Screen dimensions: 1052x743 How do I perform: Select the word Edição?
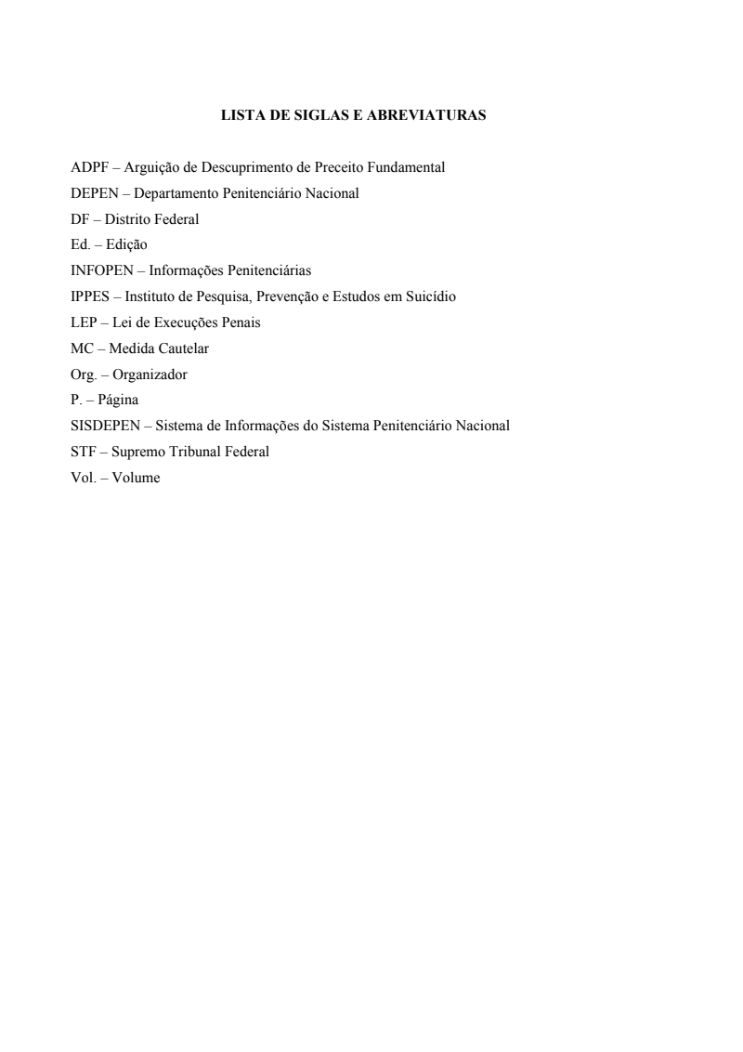point(127,245)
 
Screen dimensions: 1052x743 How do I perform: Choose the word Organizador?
point(150,375)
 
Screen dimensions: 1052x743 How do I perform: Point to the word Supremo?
point(138,453)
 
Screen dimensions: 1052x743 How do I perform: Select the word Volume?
point(136,478)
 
